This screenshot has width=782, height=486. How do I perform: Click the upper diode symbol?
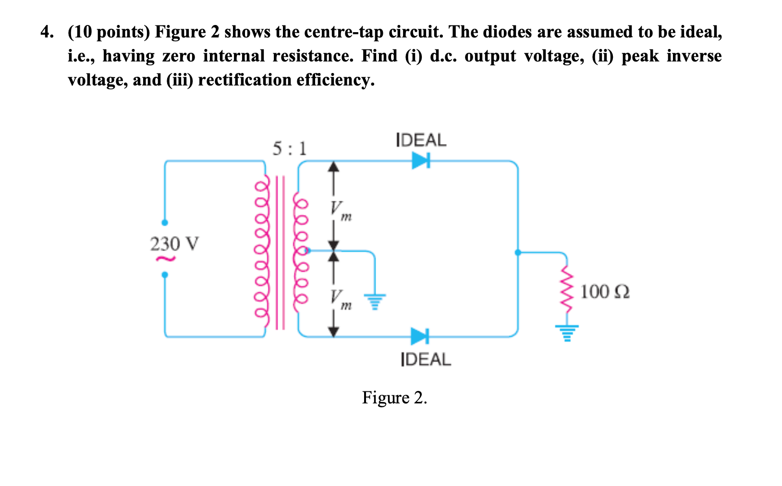click(x=420, y=161)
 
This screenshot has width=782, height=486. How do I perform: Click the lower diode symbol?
click(x=419, y=336)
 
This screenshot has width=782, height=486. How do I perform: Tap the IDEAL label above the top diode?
click(x=421, y=140)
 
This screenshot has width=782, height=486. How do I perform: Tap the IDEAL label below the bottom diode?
click(x=426, y=359)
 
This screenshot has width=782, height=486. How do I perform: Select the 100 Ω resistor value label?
click(x=605, y=292)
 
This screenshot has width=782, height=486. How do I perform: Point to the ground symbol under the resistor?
click(x=567, y=332)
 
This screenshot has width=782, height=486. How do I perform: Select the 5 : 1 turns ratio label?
click(x=289, y=149)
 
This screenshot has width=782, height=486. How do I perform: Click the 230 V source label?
click(x=174, y=244)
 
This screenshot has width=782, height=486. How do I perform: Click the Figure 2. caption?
click(x=394, y=398)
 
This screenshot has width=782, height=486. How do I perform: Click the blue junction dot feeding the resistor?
click(x=518, y=252)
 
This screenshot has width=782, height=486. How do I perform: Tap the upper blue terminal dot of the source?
click(x=165, y=223)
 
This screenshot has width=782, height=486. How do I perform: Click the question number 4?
click(x=46, y=33)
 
